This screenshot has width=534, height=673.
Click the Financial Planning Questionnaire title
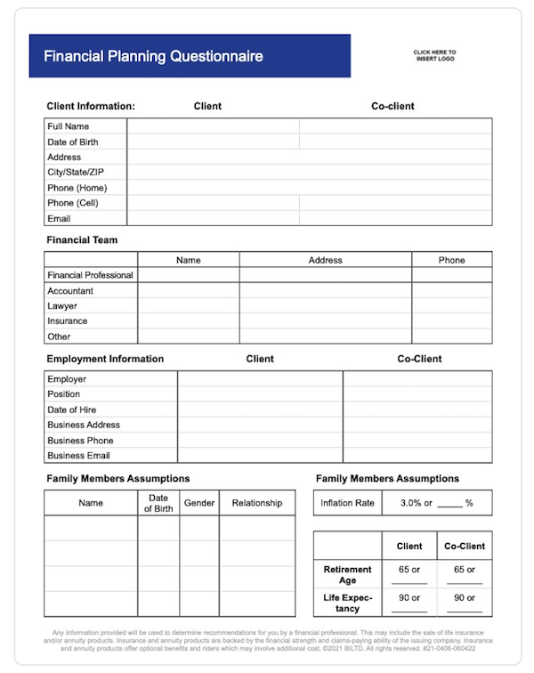coord(153,56)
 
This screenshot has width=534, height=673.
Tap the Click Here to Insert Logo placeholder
coord(434,56)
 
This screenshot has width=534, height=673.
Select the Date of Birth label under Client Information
coord(73,142)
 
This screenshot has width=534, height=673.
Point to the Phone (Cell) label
coord(73,203)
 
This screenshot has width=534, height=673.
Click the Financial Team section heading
coord(82,239)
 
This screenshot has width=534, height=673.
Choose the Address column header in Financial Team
coord(325,260)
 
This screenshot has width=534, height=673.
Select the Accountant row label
coord(70,290)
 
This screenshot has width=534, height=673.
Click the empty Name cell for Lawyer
coord(188,305)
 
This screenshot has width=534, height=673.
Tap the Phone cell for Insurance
coord(451,320)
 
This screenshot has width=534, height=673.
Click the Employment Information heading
coord(105,359)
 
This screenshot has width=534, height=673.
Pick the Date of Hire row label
coord(72,409)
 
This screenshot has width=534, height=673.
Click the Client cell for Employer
coord(260,379)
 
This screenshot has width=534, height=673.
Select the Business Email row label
coord(79,455)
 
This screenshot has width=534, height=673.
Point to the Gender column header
coord(199,503)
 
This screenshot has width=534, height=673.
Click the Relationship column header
coord(256,503)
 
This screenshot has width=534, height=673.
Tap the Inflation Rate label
coord(347,503)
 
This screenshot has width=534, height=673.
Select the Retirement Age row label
coord(347,574)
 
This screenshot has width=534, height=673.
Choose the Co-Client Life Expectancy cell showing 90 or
coord(464,598)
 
